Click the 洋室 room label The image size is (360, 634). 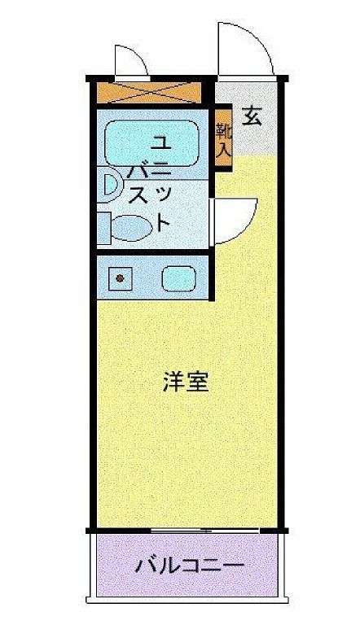[x=186, y=383]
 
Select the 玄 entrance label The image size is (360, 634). [x=252, y=116]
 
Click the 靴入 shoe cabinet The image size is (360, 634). [x=223, y=140]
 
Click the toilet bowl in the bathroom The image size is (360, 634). [x=130, y=227]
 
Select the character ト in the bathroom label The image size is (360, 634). [x=163, y=220]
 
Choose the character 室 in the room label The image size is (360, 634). [x=197, y=383]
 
